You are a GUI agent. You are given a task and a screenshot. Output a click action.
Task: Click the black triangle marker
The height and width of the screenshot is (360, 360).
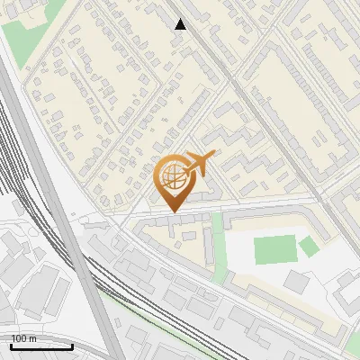click(x=180, y=24)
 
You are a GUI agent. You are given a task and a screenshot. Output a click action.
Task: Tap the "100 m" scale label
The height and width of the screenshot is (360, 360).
click(x=24, y=338)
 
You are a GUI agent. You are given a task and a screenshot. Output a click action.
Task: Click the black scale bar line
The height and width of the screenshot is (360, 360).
click(x=41, y=346)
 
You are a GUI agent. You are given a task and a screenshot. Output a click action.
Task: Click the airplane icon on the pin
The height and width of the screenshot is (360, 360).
click(x=199, y=164)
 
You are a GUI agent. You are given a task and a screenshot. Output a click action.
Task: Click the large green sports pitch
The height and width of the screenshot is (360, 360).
click(x=274, y=249)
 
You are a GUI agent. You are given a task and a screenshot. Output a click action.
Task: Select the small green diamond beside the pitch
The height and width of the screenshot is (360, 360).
click(x=310, y=246)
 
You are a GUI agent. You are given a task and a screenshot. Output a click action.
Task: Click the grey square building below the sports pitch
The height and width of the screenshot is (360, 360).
click(x=296, y=282)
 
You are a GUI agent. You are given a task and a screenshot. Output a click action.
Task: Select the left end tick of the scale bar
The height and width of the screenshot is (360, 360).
click(x=11, y=345)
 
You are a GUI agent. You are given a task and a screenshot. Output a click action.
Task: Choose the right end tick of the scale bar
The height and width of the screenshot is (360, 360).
click(x=72, y=345)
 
